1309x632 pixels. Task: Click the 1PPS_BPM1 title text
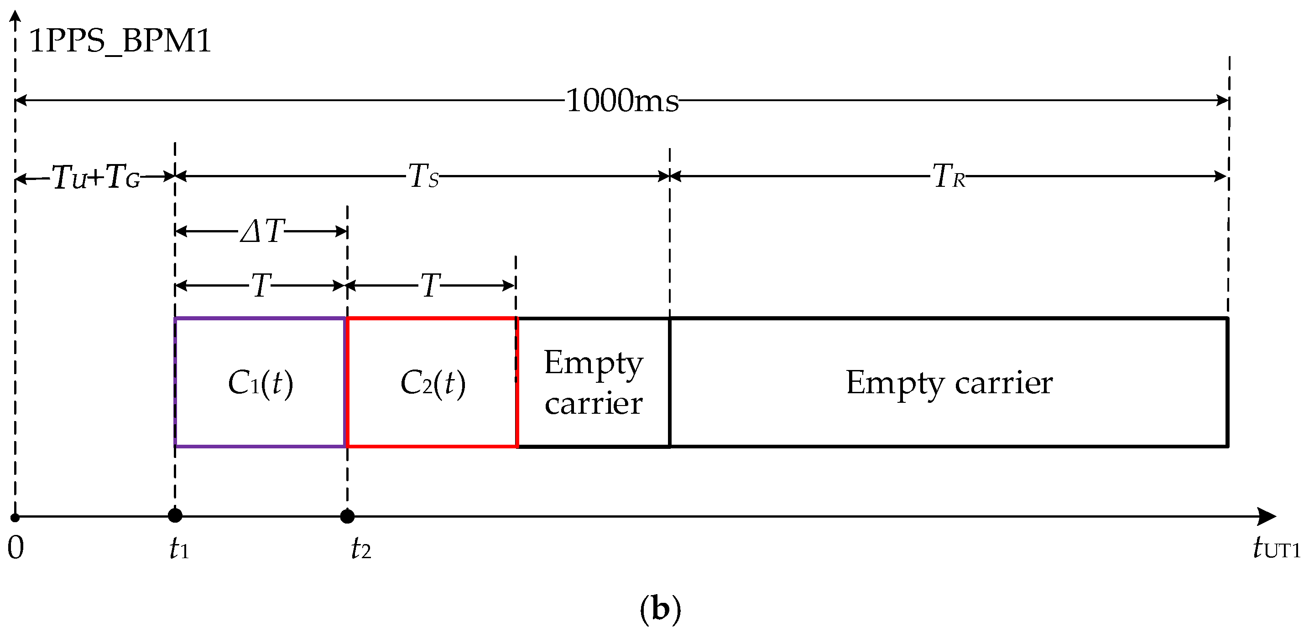tap(120, 41)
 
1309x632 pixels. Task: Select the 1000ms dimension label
tap(622, 101)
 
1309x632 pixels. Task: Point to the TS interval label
tap(423, 177)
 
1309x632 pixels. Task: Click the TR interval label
tap(949, 177)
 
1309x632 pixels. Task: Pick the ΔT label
tap(262, 231)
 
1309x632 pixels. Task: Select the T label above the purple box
tap(261, 286)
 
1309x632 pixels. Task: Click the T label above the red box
tap(430, 286)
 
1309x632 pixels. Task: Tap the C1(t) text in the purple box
tap(260, 383)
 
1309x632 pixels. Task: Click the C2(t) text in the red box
tap(433, 383)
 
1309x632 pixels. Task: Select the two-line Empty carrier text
tap(594, 383)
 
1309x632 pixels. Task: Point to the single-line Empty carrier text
tap(949, 383)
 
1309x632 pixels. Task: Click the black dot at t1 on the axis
tap(175, 516)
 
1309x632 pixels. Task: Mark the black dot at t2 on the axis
tap(347, 517)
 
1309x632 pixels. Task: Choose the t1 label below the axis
tap(179, 549)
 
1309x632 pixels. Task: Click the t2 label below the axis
tap(361, 549)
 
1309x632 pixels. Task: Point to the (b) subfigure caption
tap(660, 608)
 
